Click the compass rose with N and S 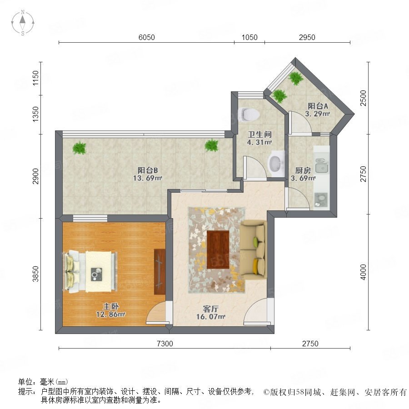click(23, 23)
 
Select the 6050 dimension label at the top click(147, 38)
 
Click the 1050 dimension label click(249, 38)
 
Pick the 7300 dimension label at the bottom click(165, 344)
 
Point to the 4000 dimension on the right click(363, 272)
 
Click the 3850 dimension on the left click(35, 274)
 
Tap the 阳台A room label click(318, 106)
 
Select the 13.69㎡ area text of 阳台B click(148, 179)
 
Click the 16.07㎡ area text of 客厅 click(211, 317)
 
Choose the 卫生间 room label click(259, 135)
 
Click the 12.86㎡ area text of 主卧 click(110, 314)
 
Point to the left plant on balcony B click(79, 148)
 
